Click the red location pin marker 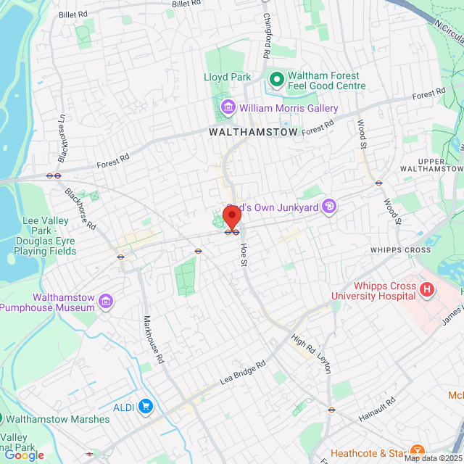coord(232,217)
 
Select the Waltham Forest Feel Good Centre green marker coord(276,78)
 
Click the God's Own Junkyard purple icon coord(330,207)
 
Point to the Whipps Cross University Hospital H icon coord(427,290)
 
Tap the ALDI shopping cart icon coord(146,407)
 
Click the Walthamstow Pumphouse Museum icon coord(107,301)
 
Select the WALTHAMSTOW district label coord(253,133)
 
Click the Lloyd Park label coord(226,77)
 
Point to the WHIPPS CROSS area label coord(401,250)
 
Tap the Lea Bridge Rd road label coord(243,372)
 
